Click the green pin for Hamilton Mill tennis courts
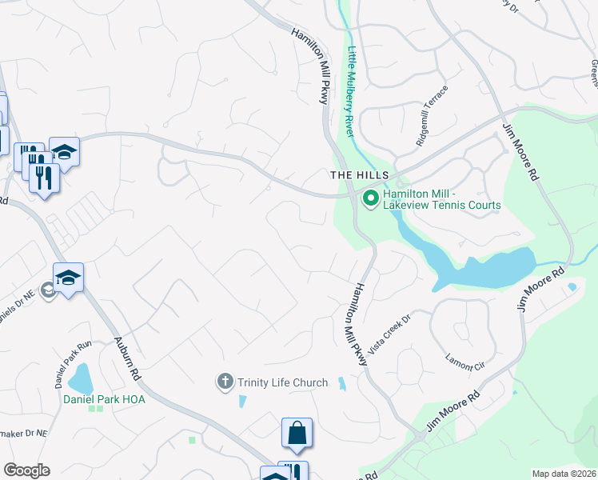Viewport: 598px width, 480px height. tap(370, 197)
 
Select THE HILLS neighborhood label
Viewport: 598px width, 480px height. tap(360, 175)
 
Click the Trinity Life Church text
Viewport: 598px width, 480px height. tap(282, 382)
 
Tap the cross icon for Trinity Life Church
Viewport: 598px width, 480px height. tap(226, 382)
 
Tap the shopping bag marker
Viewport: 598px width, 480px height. tap(297, 433)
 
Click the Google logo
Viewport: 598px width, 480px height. tap(26, 470)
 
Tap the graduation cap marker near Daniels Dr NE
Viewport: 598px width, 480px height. tap(69, 278)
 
